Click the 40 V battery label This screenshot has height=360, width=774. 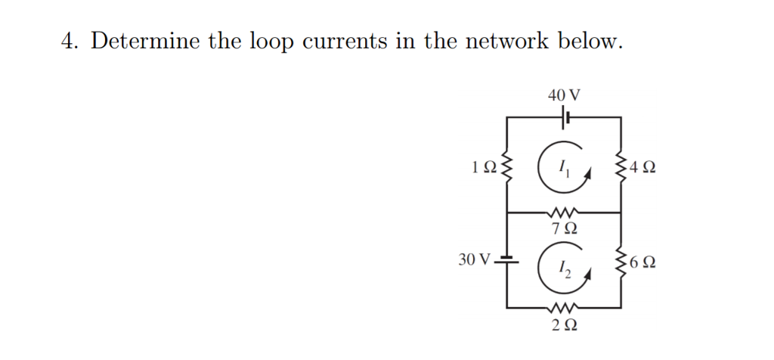pyautogui.click(x=564, y=95)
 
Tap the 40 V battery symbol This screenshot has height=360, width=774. pyautogui.click(x=565, y=117)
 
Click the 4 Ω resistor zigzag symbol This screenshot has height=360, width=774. pyautogui.click(x=621, y=166)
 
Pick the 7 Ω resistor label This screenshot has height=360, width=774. pyautogui.click(x=564, y=228)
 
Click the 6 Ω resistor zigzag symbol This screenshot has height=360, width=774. pyautogui.click(x=621, y=262)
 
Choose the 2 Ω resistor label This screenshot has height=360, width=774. pyautogui.click(x=564, y=325)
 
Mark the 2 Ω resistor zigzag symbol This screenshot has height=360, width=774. pyautogui.click(x=564, y=308)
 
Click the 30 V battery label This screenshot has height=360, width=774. pyautogui.click(x=474, y=260)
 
